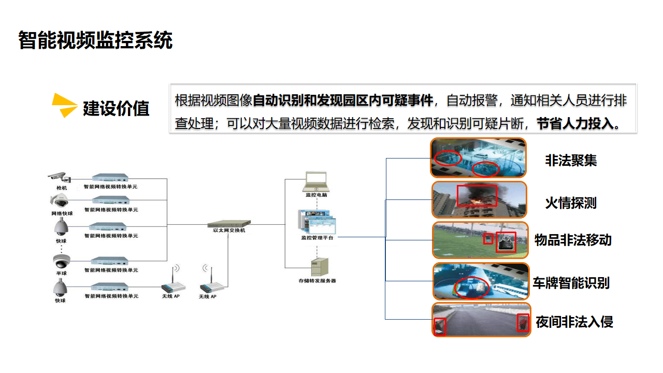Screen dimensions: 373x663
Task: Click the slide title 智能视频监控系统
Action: [x=95, y=40]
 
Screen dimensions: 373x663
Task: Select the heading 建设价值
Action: [x=116, y=108]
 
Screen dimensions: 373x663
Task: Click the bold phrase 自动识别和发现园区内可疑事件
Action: [x=342, y=100]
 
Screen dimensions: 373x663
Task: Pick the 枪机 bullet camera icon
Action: [x=57, y=176]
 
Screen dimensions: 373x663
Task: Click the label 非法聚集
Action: [x=570, y=160]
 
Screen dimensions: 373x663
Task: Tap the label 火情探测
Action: [x=570, y=203]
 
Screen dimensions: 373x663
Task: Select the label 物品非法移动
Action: [x=573, y=240]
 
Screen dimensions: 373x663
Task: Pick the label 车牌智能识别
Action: [x=571, y=283]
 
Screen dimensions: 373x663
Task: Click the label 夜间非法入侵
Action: [x=574, y=322]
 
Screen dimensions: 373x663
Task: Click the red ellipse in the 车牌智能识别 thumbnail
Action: [x=471, y=287]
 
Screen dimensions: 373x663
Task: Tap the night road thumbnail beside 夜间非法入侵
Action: [x=481, y=320]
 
